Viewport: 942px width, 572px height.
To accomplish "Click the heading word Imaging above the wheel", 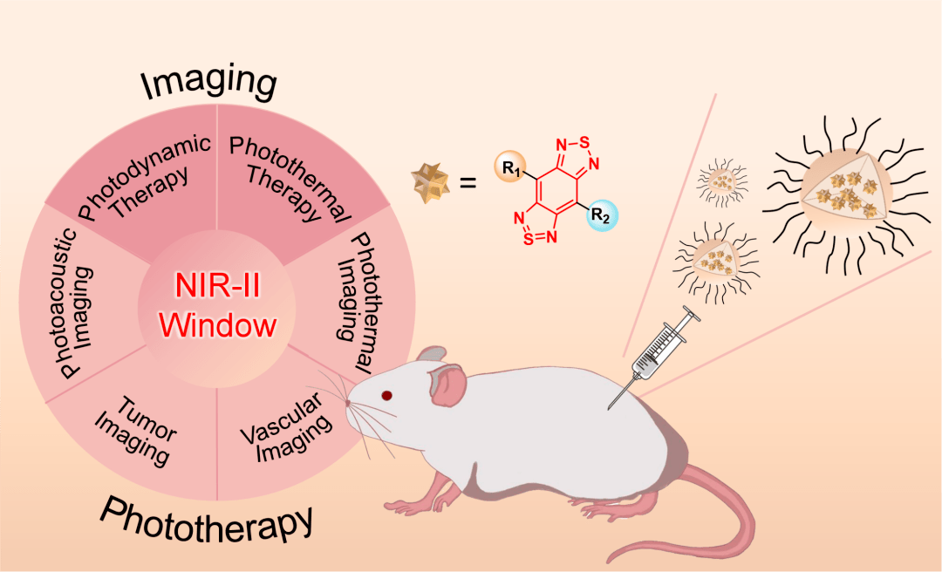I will (x=209, y=83).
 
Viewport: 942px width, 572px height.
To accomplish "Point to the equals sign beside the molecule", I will (x=469, y=183).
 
